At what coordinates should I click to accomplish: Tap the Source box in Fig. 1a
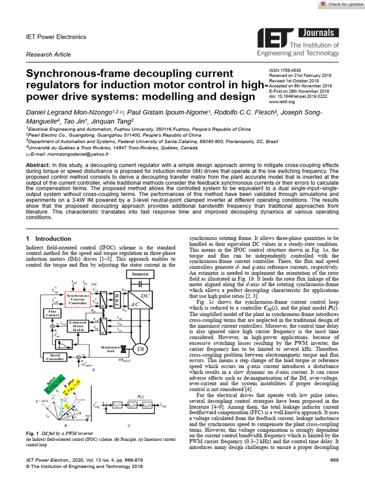click(140, 274)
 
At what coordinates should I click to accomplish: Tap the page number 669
click(334, 461)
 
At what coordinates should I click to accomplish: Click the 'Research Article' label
click(48, 55)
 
